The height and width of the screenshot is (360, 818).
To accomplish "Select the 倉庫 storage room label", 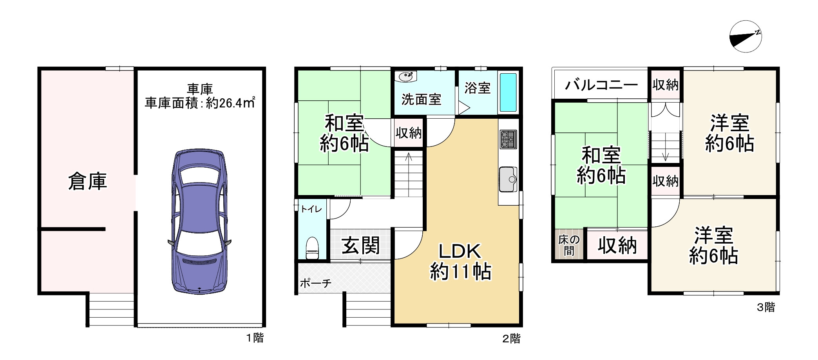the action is (x=87, y=182).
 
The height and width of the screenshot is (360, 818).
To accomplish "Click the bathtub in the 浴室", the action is (x=509, y=92).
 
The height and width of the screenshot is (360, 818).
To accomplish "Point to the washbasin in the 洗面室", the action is (x=406, y=76).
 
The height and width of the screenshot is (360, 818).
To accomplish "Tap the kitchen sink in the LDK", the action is (x=509, y=179).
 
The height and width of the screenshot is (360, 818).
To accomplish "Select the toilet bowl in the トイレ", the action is (x=312, y=248).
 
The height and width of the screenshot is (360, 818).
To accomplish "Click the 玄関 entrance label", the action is (x=361, y=246).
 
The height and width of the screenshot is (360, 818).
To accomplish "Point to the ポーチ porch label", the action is (x=316, y=283).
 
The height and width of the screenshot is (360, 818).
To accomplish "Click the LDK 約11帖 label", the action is (x=460, y=261).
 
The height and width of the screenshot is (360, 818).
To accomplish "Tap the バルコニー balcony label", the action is (x=601, y=85).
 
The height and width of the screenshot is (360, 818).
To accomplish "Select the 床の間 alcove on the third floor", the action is (x=569, y=245).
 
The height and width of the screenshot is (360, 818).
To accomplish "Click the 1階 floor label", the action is (x=255, y=338).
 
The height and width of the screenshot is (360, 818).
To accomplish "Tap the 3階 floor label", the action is (x=766, y=307).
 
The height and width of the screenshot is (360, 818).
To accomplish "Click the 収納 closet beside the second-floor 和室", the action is (x=409, y=133).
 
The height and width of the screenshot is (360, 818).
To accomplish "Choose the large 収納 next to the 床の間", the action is (x=617, y=245).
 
